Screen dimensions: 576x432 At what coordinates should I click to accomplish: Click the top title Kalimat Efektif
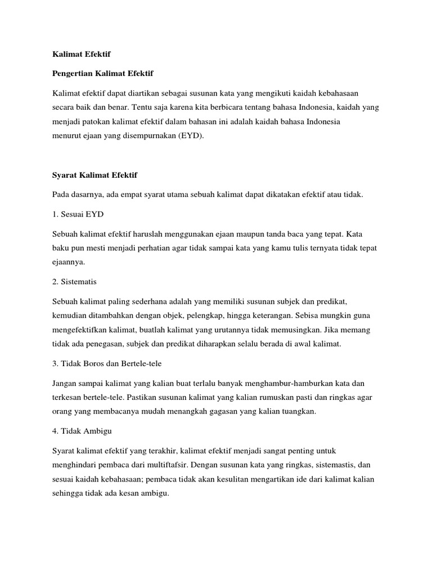(81, 55)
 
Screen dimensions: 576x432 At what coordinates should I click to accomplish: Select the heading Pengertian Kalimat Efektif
(103, 74)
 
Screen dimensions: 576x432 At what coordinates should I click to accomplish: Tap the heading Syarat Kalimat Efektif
(94, 175)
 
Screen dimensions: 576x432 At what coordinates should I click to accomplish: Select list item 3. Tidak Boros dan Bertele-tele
(107, 363)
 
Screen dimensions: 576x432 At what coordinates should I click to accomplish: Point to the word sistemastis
(334, 465)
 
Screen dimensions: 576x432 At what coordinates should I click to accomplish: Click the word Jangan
(65, 383)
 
